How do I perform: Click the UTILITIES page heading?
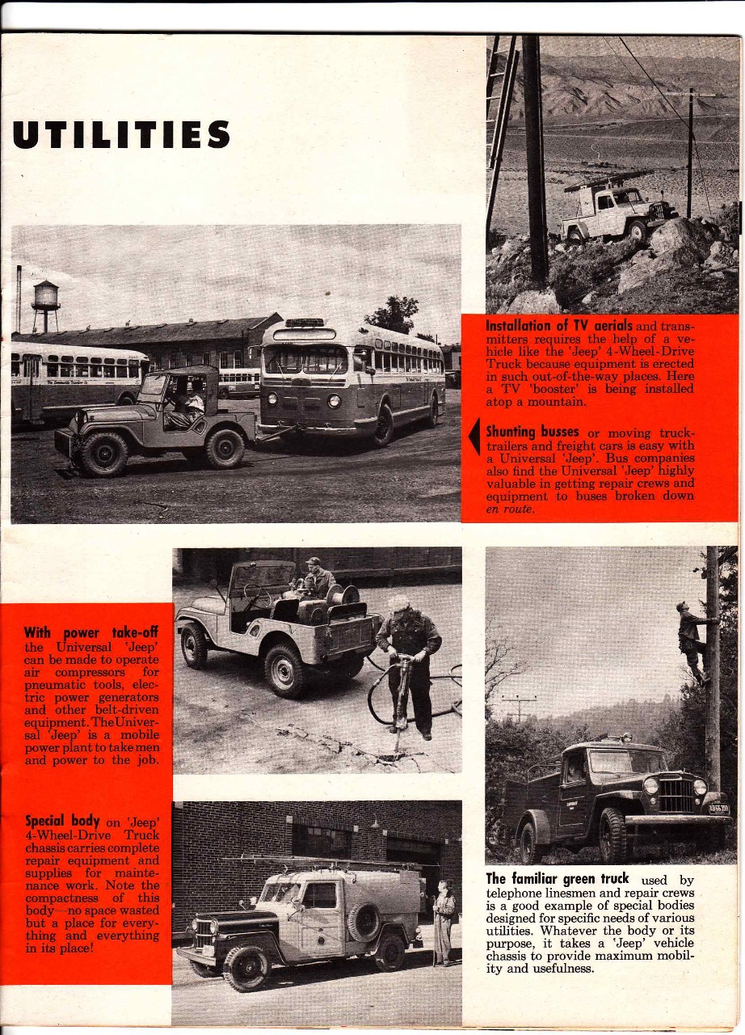tap(121, 134)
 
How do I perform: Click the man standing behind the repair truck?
tap(444, 922)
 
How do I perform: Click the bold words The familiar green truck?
tap(558, 878)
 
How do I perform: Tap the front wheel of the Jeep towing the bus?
tap(103, 454)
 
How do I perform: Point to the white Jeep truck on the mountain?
tap(618, 212)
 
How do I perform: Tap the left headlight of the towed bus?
tap(272, 399)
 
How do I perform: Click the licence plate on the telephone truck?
tap(718, 808)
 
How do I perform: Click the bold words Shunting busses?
tap(532, 433)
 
